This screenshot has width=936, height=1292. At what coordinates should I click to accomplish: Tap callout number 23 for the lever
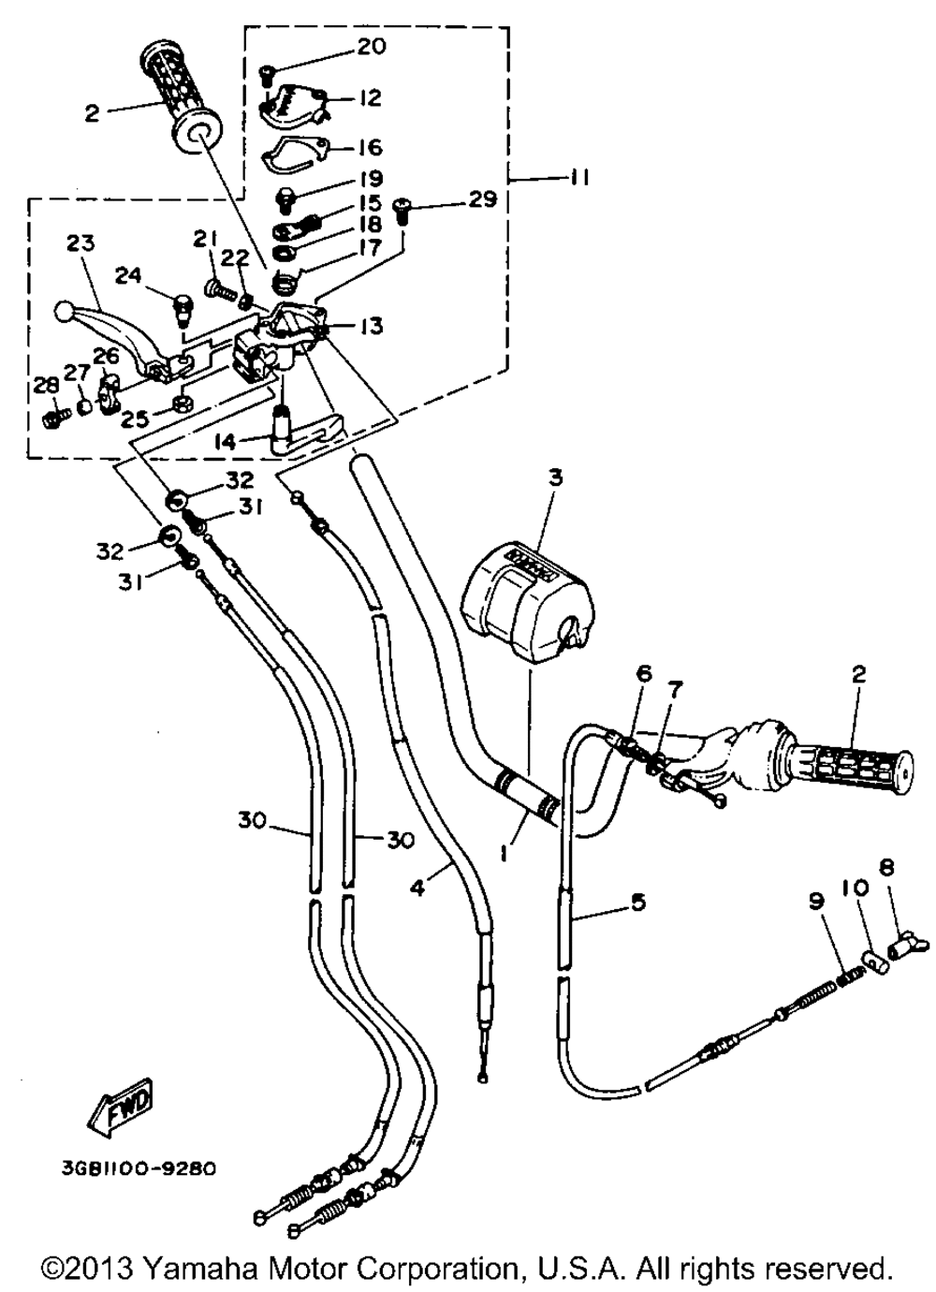tap(80, 244)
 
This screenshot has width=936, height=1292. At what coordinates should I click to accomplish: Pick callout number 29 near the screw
tap(481, 200)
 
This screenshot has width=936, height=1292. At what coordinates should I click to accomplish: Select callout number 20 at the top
tap(371, 47)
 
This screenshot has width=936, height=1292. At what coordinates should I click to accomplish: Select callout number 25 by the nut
tap(136, 419)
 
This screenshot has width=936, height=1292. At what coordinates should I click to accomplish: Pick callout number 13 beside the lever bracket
tap(370, 327)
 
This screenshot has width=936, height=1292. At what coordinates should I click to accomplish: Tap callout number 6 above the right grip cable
tap(644, 674)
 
